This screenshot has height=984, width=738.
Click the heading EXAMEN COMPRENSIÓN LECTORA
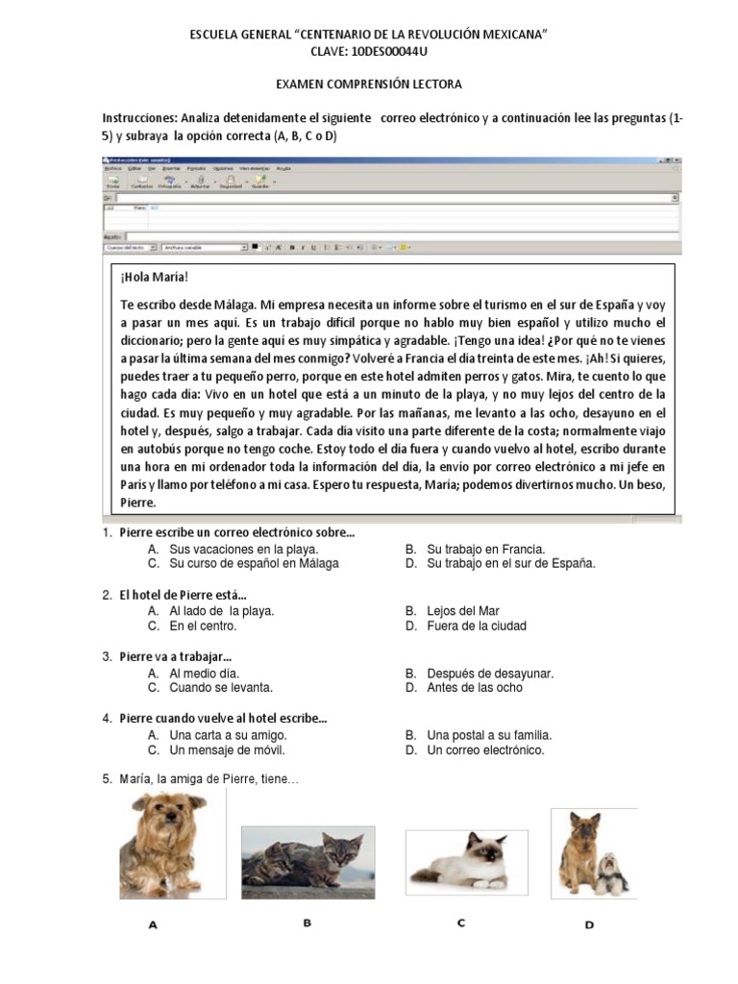[369, 85]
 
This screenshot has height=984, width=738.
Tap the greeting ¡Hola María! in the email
[148, 277]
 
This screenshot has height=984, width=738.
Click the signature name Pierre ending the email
[137, 502]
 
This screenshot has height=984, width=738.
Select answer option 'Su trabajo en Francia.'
[486, 549]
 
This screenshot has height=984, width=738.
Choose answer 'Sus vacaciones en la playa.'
[243, 549]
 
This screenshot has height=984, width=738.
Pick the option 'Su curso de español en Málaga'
[254, 564]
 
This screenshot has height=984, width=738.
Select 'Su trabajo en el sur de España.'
[511, 564]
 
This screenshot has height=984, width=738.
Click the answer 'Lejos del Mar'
[463, 610]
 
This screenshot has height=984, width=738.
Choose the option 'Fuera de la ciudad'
[477, 626]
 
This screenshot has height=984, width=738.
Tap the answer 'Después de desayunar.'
[490, 674]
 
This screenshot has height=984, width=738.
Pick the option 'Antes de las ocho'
[475, 688]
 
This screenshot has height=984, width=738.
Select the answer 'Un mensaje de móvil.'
[227, 750]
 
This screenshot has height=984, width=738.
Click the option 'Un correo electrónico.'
[485, 750]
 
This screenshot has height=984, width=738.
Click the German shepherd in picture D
[581, 846]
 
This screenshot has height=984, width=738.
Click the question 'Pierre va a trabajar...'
[176, 657]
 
